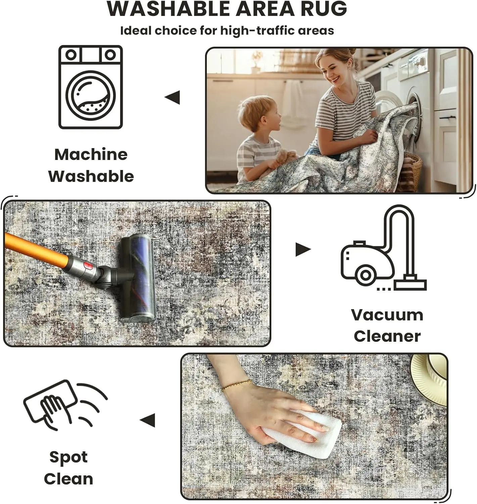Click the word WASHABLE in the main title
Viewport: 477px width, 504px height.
(169, 9)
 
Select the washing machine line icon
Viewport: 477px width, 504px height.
(90, 87)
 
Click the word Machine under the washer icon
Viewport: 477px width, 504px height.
(91, 154)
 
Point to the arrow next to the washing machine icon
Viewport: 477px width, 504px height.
(172, 97)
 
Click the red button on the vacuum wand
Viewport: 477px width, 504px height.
(88, 266)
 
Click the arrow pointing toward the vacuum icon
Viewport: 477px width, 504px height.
(303, 249)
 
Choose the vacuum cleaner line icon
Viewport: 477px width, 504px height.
(383, 248)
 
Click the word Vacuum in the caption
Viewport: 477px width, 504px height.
(387, 315)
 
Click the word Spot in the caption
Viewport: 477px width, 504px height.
(68, 457)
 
